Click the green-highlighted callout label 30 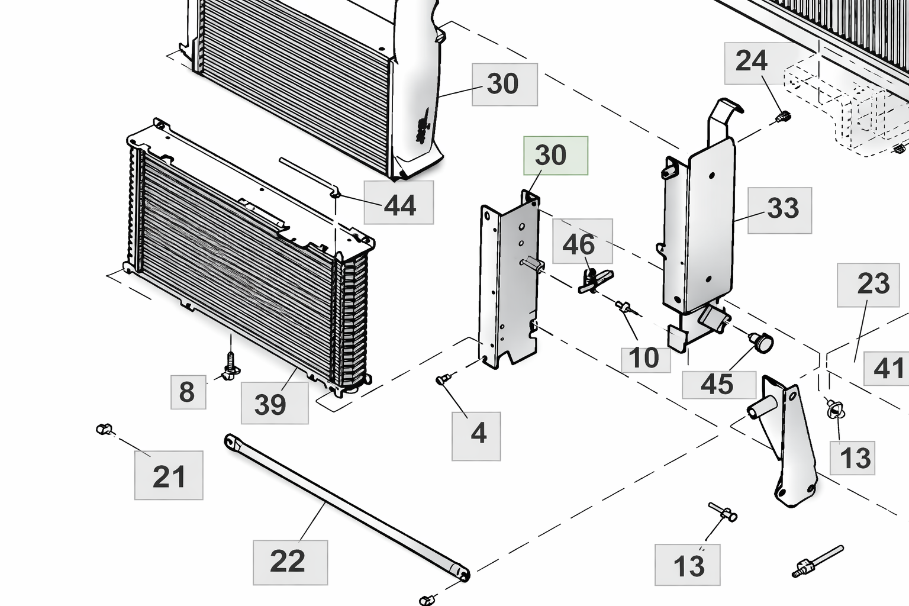point(555,156)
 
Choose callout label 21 point(169,475)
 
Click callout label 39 point(275,403)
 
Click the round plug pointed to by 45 point(762,341)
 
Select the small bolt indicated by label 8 point(230,366)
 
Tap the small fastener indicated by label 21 point(104,429)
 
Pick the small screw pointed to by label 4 point(443,379)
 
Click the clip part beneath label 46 point(594,279)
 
